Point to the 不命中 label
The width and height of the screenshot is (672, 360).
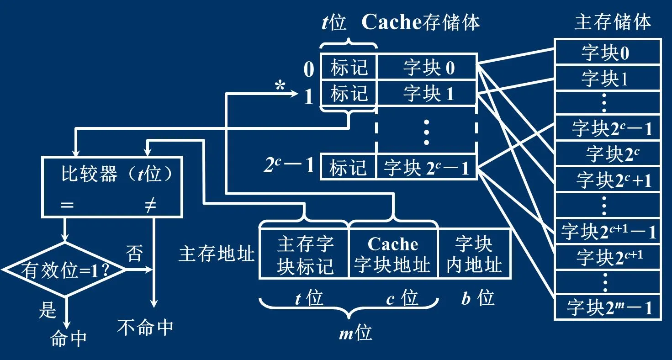(145, 327)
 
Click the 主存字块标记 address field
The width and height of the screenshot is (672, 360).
(304, 254)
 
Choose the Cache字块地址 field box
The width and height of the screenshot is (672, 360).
(393, 254)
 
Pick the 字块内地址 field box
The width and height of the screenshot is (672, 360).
(474, 254)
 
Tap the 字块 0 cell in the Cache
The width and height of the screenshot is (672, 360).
(428, 68)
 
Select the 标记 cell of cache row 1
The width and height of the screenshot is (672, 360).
(349, 94)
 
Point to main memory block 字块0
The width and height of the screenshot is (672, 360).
(607, 53)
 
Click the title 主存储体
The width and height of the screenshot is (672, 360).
(612, 22)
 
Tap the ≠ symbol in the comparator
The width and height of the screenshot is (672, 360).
(150, 206)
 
